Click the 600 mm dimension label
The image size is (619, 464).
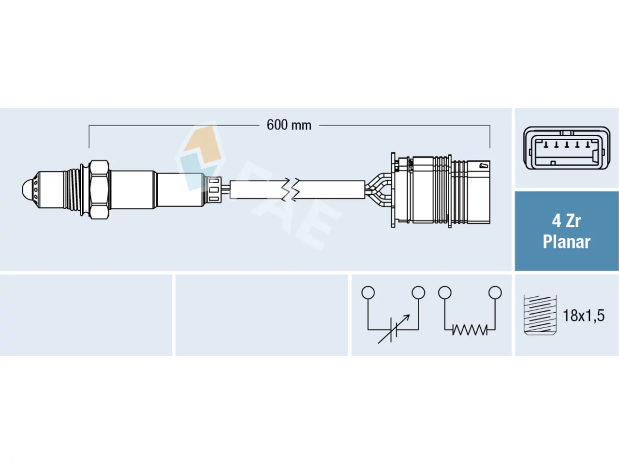(289, 125)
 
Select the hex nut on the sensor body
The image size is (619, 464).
(99, 189)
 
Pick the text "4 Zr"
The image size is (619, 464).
(566, 221)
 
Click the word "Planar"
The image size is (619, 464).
(567, 242)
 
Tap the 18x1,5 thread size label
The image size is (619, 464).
(584, 316)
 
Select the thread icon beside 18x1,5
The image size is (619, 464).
(540, 315)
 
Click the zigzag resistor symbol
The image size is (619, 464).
(470, 330)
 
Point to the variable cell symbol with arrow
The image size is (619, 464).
(393, 329)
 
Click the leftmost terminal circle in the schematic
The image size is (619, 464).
(368, 293)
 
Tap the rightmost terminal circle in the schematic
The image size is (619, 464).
(495, 293)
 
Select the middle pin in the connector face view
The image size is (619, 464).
(567, 145)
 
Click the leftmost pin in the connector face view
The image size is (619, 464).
(545, 145)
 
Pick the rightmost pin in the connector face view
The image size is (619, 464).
(588, 145)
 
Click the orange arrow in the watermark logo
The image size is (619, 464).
(204, 144)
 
